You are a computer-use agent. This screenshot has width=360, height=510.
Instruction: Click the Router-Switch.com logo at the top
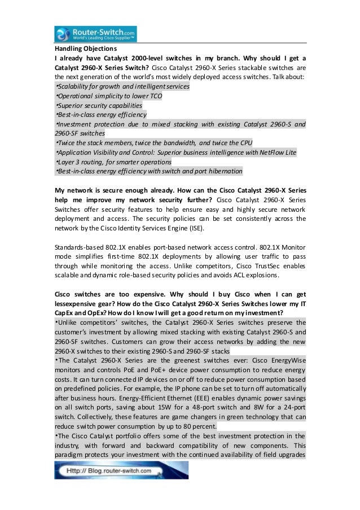[x=95, y=33]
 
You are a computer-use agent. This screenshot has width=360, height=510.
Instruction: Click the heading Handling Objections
[x=78, y=49]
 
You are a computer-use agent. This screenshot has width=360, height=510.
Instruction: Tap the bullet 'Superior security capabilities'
[x=99, y=105]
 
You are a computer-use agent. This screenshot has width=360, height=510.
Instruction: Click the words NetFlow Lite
[x=276, y=152]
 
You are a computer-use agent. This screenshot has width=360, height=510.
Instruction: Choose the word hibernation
[x=223, y=171]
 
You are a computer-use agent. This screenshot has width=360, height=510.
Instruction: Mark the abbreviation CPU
[x=245, y=143]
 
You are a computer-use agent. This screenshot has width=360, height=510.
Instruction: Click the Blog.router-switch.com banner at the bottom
[x=121, y=470]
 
